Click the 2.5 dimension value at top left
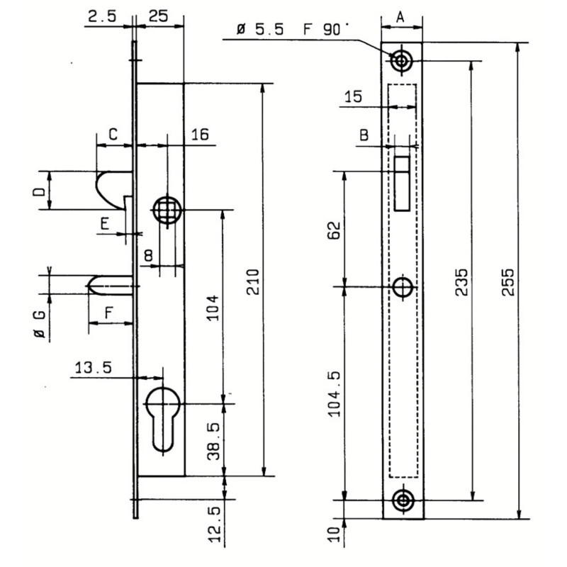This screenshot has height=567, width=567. click(x=102, y=16)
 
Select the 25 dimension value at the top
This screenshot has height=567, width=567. click(x=158, y=16)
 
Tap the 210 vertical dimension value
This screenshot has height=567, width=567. click(x=254, y=282)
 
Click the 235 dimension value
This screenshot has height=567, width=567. click(x=461, y=282)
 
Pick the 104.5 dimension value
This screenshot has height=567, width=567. click(x=334, y=394)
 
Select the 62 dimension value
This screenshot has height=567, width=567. click(x=334, y=230)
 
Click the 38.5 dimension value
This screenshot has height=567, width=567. click(x=214, y=442)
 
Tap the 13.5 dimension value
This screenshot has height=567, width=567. click(x=94, y=368)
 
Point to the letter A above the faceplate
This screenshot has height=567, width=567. click(x=400, y=16)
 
